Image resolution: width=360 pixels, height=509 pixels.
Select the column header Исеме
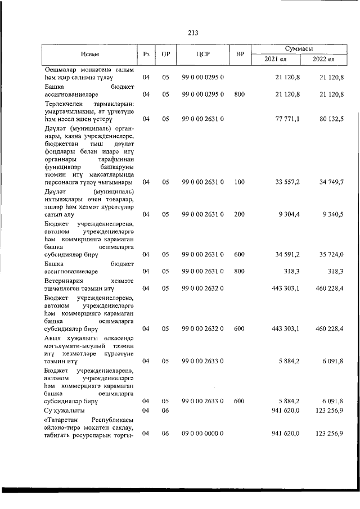point(89,54)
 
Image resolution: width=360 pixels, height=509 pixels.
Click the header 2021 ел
point(273,59)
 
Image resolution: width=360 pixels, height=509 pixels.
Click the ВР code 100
point(240,182)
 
